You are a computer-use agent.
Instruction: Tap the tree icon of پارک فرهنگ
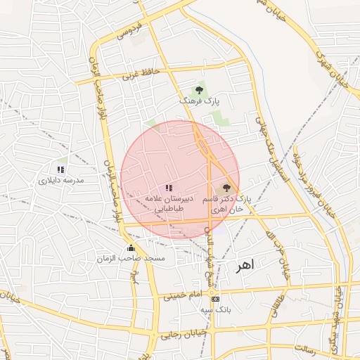tap(200, 90)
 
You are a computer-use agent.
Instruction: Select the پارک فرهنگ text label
tap(200, 103)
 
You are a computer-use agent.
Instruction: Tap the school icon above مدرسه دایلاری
tap(60, 169)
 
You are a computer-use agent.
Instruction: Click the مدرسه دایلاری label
tap(60, 181)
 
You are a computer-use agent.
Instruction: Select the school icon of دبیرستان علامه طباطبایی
tap(168, 188)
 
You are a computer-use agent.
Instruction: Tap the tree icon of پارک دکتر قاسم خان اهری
tap(226, 188)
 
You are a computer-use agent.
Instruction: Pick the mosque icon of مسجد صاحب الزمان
tap(131, 247)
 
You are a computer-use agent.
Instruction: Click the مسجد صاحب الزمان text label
tap(131, 259)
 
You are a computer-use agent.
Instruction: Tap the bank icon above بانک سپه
tap(214, 297)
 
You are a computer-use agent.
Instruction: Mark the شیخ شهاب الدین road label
tap(208, 253)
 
